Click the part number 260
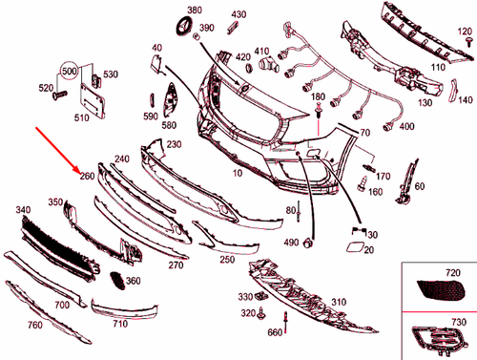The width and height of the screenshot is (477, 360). click(87, 176)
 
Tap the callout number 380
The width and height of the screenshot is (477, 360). click(195, 10)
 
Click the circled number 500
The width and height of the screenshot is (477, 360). click(69, 72)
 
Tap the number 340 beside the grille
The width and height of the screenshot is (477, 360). click(24, 208)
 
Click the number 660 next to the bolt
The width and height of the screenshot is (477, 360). click(275, 332)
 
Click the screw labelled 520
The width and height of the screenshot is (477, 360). click(60, 96)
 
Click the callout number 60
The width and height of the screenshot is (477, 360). click(420, 186)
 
